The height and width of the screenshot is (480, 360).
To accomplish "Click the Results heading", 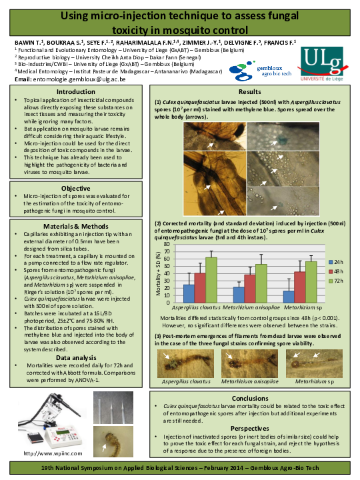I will click(x=250, y=91).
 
